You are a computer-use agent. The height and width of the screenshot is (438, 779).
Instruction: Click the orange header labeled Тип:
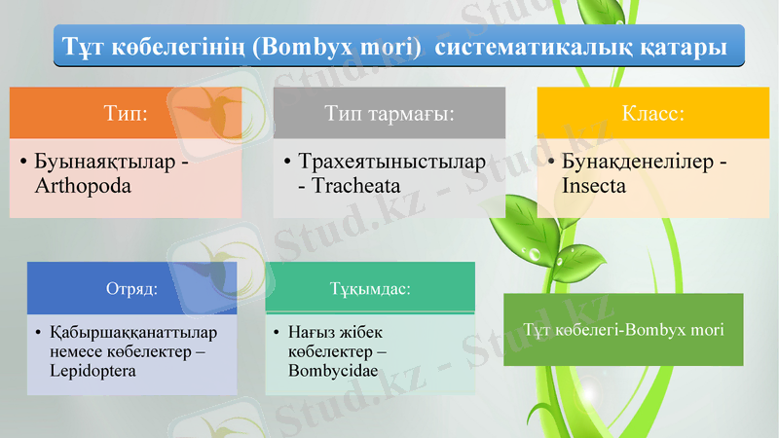126,113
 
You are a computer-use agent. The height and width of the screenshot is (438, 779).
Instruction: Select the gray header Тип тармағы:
389,113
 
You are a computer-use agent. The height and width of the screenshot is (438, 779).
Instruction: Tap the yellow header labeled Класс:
653,113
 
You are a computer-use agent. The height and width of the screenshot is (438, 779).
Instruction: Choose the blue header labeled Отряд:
131,288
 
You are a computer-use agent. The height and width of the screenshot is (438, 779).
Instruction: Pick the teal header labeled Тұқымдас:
370,289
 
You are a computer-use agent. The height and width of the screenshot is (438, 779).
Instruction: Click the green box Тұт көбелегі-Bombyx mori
623,329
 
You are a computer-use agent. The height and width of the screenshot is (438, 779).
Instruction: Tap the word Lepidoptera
92,371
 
